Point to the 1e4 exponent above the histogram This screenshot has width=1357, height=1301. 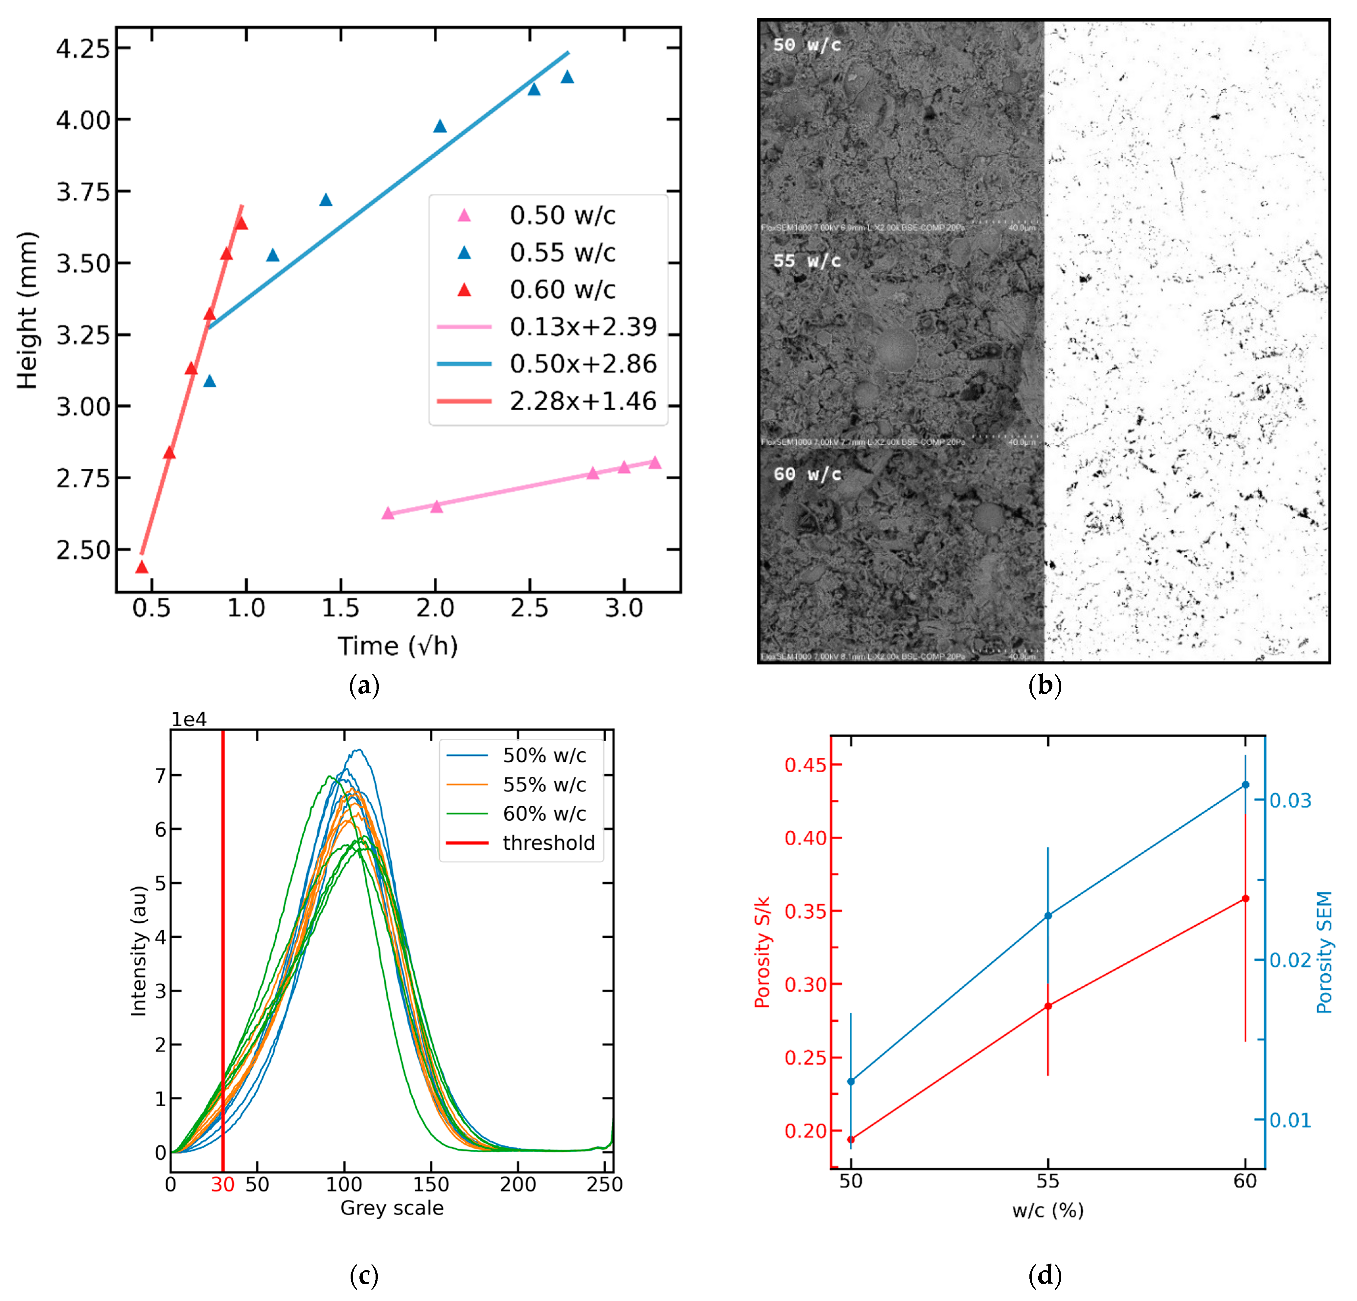pos(189,720)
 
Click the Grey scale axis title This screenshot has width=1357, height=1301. pos(392,1208)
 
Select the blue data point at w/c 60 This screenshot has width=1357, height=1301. pos(1246,785)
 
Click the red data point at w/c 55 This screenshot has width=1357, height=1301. pos(1048,1005)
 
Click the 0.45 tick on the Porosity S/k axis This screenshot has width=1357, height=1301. pos(805,765)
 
